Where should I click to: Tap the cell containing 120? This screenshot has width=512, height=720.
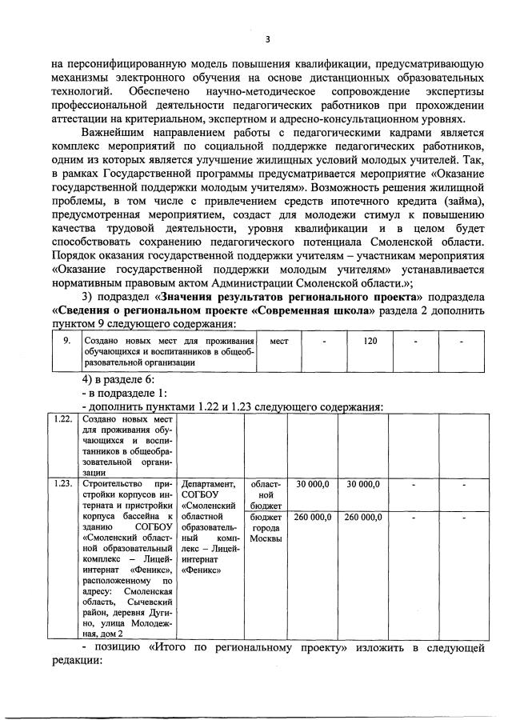[x=370, y=342]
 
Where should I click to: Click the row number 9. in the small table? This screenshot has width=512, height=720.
[x=67, y=342]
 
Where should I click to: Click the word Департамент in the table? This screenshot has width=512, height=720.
[x=209, y=483]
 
